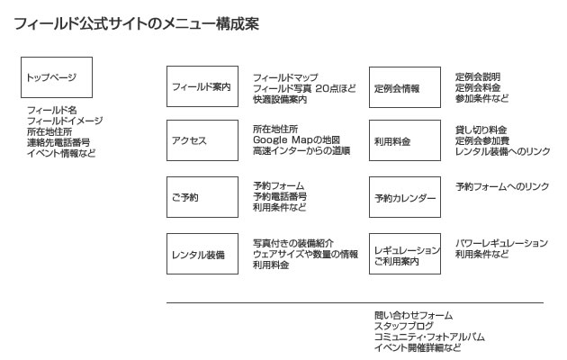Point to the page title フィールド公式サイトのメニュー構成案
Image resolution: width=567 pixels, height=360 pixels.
(137, 24)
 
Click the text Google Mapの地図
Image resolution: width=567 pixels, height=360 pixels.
(296, 141)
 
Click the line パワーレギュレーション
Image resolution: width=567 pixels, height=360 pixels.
(501, 243)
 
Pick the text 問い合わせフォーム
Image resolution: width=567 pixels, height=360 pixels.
(413, 315)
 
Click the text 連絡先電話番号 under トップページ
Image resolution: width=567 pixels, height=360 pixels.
(58, 142)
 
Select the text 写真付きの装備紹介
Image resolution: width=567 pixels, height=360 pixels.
(293, 243)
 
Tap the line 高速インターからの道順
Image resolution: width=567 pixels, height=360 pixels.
(301, 152)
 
